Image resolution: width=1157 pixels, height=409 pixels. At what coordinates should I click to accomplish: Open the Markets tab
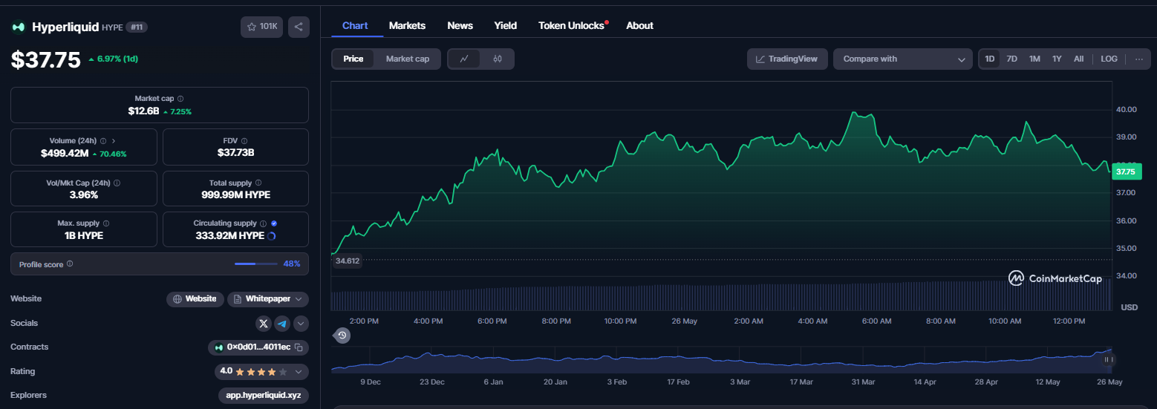point(407,26)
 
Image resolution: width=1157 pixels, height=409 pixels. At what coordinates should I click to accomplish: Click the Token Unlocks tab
point(571,26)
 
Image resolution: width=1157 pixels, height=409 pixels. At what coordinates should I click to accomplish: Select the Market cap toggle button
point(408,59)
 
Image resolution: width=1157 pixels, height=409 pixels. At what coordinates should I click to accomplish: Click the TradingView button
point(787,59)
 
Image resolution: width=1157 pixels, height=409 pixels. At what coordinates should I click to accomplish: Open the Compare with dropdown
point(903,59)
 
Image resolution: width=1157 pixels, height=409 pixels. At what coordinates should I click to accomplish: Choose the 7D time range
point(1012,59)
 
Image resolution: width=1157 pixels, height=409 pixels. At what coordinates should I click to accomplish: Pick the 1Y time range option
point(1057,59)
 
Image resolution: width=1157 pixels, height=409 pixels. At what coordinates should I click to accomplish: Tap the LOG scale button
point(1109,59)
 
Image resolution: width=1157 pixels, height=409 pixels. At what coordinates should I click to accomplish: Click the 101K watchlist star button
point(262,27)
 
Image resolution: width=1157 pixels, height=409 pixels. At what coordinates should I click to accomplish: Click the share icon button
point(299,27)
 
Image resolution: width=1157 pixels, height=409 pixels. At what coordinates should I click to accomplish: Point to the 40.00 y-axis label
point(1126,109)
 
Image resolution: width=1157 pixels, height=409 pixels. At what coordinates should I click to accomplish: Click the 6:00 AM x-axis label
point(876,321)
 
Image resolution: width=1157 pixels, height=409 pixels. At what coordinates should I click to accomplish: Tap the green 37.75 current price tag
point(1127,171)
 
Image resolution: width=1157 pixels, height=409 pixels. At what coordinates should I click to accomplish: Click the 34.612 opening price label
point(347,261)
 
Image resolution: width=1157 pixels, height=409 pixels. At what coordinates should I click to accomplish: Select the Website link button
point(195,299)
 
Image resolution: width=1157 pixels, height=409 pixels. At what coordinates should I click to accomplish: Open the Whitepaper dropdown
point(268,299)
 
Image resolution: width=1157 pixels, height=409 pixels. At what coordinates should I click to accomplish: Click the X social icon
point(264,324)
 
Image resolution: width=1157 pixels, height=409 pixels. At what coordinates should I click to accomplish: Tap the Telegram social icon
point(282,324)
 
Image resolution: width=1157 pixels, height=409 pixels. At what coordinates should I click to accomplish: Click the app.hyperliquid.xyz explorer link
point(264,395)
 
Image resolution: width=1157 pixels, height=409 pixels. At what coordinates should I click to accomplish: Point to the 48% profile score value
point(291,264)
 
